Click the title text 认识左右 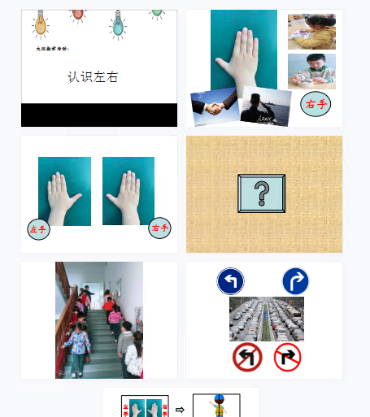[93, 77]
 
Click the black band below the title [98, 115]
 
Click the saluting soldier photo [267, 105]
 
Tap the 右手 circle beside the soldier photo [316, 104]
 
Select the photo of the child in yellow [311, 32]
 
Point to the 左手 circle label [38, 229]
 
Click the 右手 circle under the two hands [159, 228]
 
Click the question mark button [261, 193]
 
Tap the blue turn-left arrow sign [230, 282]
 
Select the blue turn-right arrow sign [295, 282]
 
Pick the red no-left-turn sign [246, 357]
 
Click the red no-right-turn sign [287, 357]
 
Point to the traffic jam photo [267, 319]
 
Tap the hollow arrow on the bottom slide [180, 409]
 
